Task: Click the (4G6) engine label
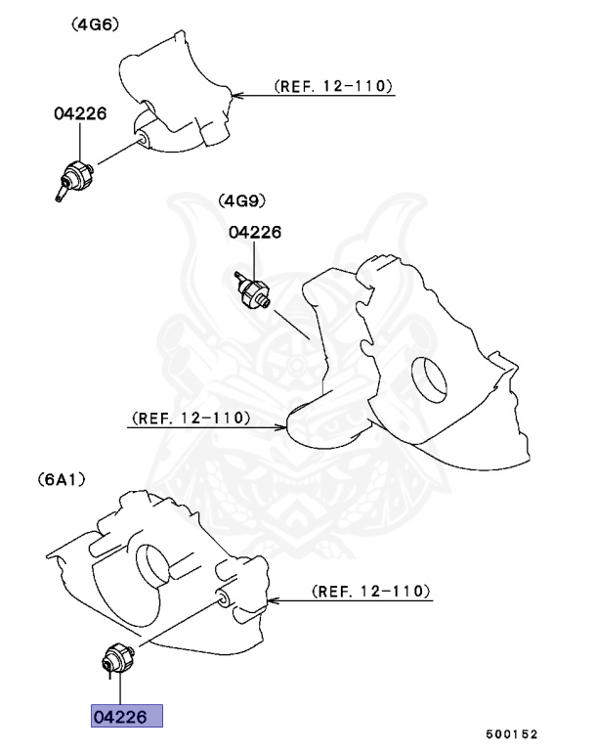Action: click(95, 25)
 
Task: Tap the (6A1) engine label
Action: click(63, 480)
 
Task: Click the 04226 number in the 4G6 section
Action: click(79, 113)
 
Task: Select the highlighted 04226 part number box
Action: click(126, 717)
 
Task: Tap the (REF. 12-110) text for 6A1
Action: click(369, 592)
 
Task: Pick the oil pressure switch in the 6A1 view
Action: click(116, 659)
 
